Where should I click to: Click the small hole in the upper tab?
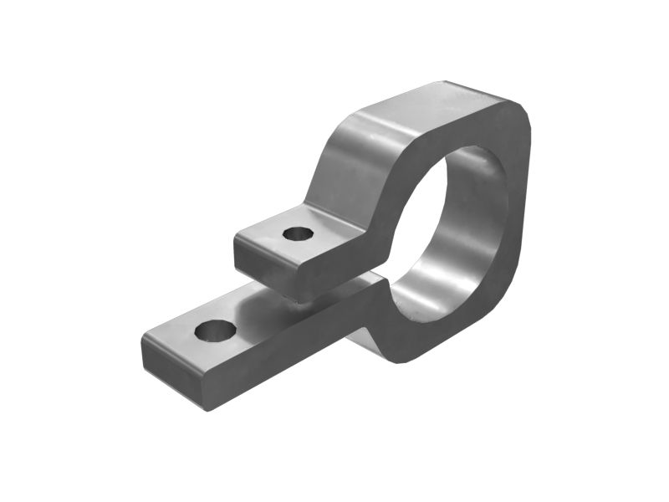tap(297, 233)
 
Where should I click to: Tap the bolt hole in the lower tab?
tap(215, 330)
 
